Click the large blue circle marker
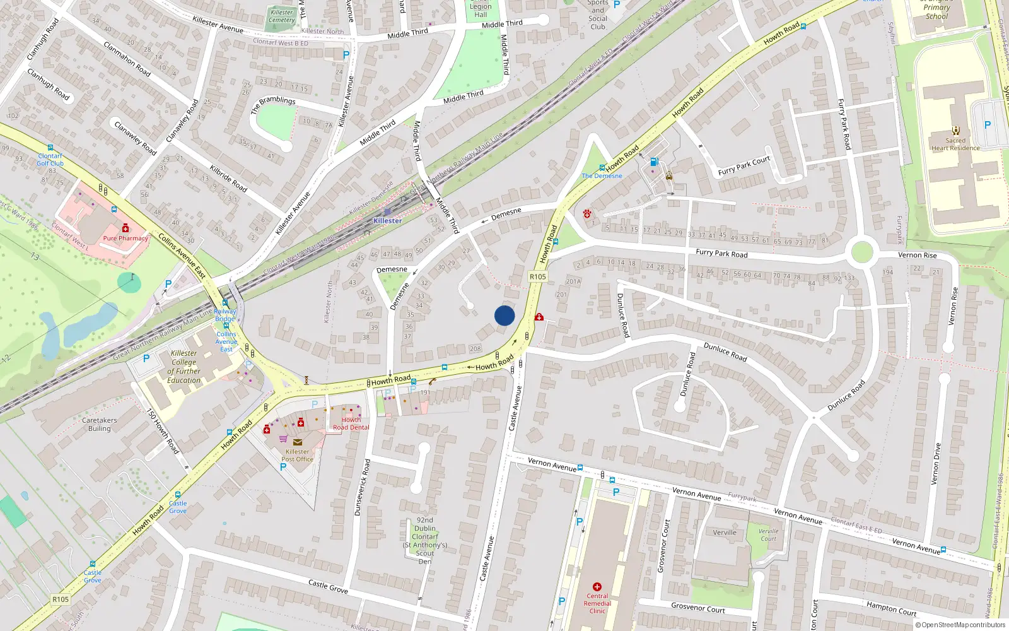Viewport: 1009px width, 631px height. [x=504, y=315]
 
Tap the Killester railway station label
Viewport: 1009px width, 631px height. [x=387, y=220]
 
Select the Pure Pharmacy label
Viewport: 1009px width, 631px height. [x=125, y=238]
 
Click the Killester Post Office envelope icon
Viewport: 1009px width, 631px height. [x=297, y=442]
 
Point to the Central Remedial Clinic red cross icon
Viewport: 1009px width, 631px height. [x=597, y=586]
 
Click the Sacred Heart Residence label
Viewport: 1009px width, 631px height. [x=955, y=144]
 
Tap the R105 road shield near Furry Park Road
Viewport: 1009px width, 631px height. [x=537, y=276]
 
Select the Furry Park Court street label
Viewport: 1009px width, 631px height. [x=744, y=166]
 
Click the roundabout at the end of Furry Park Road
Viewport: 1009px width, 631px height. [x=861, y=252]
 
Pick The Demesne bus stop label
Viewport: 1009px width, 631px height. [x=602, y=176]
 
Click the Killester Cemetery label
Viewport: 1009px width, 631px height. [x=281, y=16]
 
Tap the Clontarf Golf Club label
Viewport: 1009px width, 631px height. [x=50, y=160]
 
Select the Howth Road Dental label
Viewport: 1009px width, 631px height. [x=351, y=423]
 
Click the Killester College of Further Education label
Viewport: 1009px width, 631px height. [x=184, y=367]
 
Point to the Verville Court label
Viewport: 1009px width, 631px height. [x=768, y=534]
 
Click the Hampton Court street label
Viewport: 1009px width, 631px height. [x=891, y=608]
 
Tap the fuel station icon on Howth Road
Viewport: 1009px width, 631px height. [x=654, y=162]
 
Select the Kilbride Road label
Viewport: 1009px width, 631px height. [x=228, y=179]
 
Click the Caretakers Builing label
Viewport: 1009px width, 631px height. [x=99, y=424]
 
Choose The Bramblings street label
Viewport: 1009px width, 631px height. [x=273, y=104]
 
